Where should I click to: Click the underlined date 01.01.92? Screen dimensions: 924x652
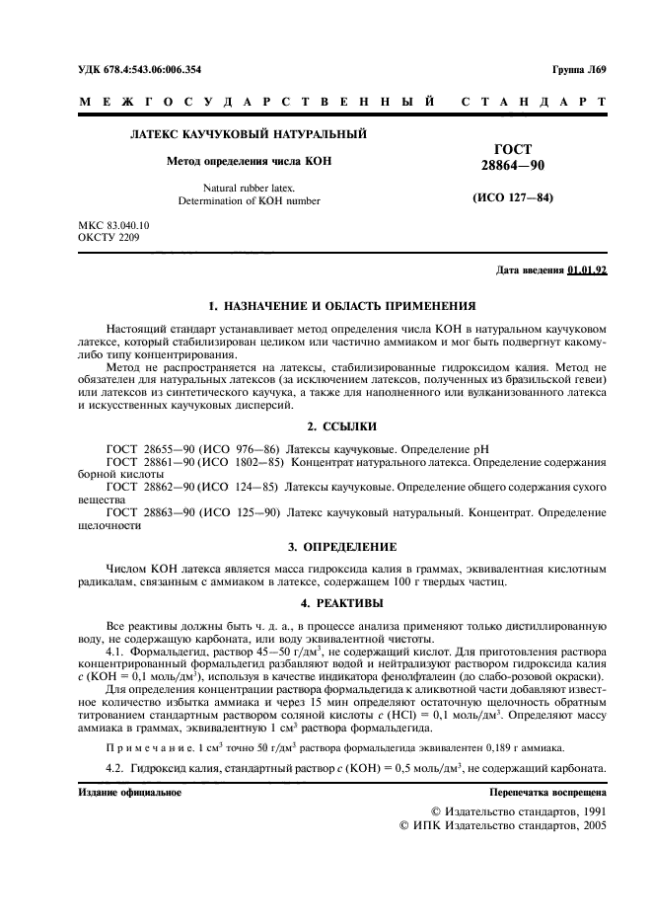point(588,270)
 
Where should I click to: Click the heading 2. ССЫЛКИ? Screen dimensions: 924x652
point(326,426)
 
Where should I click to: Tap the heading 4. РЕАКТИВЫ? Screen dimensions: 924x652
point(326,601)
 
